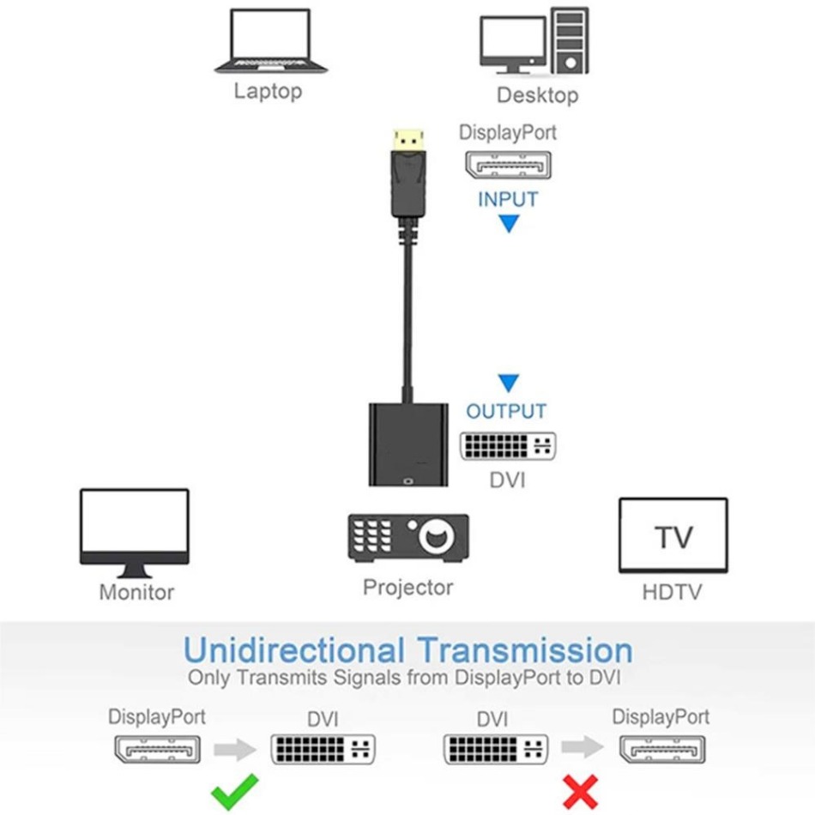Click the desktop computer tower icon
click(569, 40)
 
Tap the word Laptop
click(269, 91)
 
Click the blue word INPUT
click(508, 200)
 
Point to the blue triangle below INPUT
click(509, 225)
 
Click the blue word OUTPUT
click(506, 411)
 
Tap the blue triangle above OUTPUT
click(509, 383)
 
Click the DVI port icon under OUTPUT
click(507, 445)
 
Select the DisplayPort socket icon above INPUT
click(508, 164)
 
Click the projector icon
click(408, 538)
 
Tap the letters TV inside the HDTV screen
click(673, 538)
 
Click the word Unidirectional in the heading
click(293, 649)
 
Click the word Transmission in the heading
click(525, 649)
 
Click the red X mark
click(582, 790)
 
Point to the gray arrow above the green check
click(234, 750)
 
